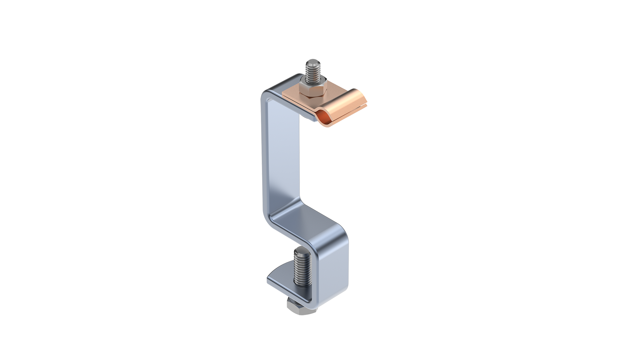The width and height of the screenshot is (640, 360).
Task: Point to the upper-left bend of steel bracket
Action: click(267, 97)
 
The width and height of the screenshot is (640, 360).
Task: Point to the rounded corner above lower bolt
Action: click(340, 233)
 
